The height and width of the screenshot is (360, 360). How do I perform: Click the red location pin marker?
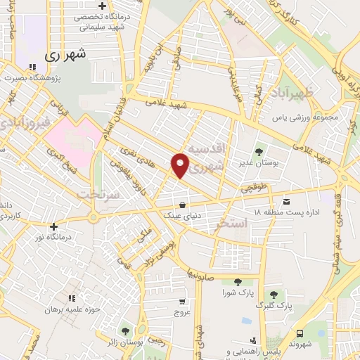pyautogui.click(x=181, y=165)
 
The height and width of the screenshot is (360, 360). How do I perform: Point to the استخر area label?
pyautogui.click(x=233, y=224)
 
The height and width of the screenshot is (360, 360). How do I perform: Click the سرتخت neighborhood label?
pyautogui.click(x=96, y=193)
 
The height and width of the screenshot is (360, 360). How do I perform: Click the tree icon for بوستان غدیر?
pyautogui.click(x=259, y=150)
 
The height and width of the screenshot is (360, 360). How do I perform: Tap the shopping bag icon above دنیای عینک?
pyautogui.click(x=183, y=205)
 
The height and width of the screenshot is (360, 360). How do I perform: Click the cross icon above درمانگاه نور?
pyautogui.click(x=54, y=226)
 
